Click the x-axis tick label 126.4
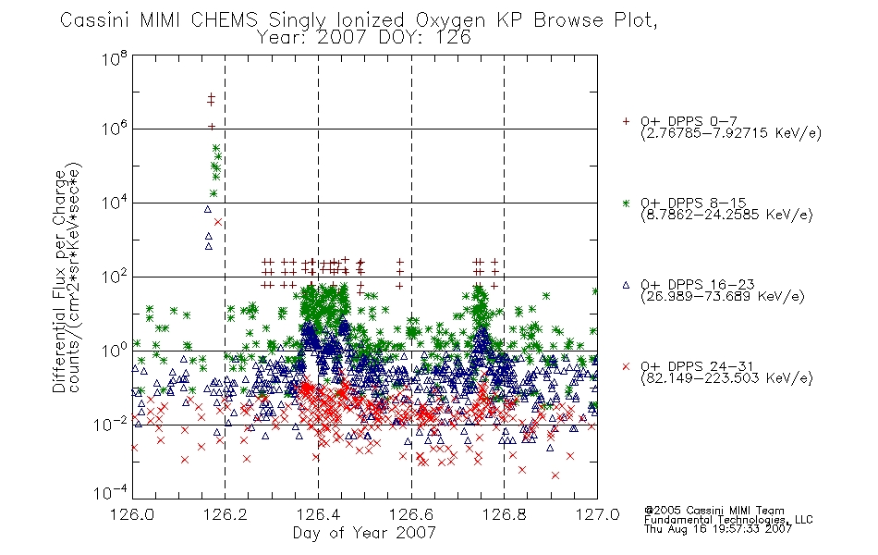pos(318,514)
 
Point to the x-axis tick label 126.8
pos(504,514)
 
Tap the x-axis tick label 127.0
pos(597,514)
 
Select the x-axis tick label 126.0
pos(132,514)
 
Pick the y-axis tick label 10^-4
pos(110,492)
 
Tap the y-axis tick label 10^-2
pos(110,424)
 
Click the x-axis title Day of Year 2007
pos(364,533)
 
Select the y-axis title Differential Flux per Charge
pos(60,281)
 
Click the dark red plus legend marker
pos(626,121)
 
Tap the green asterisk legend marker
pos(626,203)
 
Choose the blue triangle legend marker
pos(626,285)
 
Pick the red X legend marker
pos(626,366)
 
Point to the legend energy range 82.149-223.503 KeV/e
pos(726,378)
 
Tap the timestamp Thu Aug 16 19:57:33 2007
pos(718,529)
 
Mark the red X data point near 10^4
pos(218,222)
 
